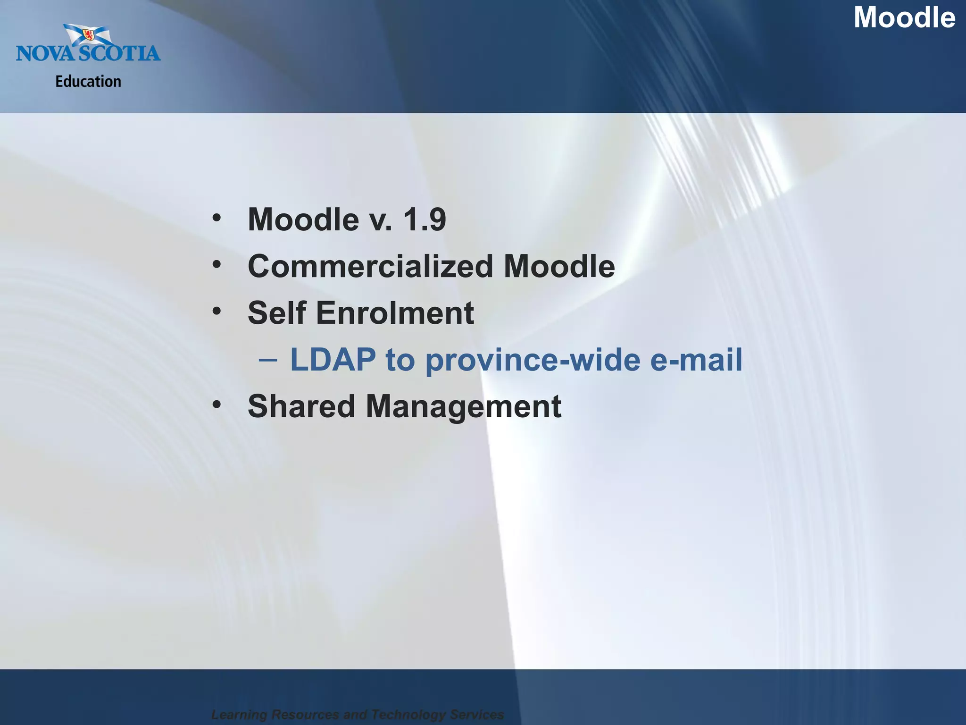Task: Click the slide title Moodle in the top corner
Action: click(904, 18)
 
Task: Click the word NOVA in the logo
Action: click(45, 53)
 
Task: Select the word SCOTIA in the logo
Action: click(119, 53)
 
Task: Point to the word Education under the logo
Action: click(88, 82)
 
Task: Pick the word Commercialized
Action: click(370, 266)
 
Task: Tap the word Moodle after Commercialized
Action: click(559, 266)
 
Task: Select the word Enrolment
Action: click(395, 313)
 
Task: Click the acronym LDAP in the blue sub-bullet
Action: click(333, 360)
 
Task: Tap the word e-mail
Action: click(696, 360)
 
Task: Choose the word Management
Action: click(463, 406)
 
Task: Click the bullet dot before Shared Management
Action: click(217, 405)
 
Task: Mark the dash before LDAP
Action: click(268, 360)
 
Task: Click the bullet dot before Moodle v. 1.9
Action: click(217, 218)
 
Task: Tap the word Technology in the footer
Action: click(408, 715)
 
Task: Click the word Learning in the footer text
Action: click(240, 715)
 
